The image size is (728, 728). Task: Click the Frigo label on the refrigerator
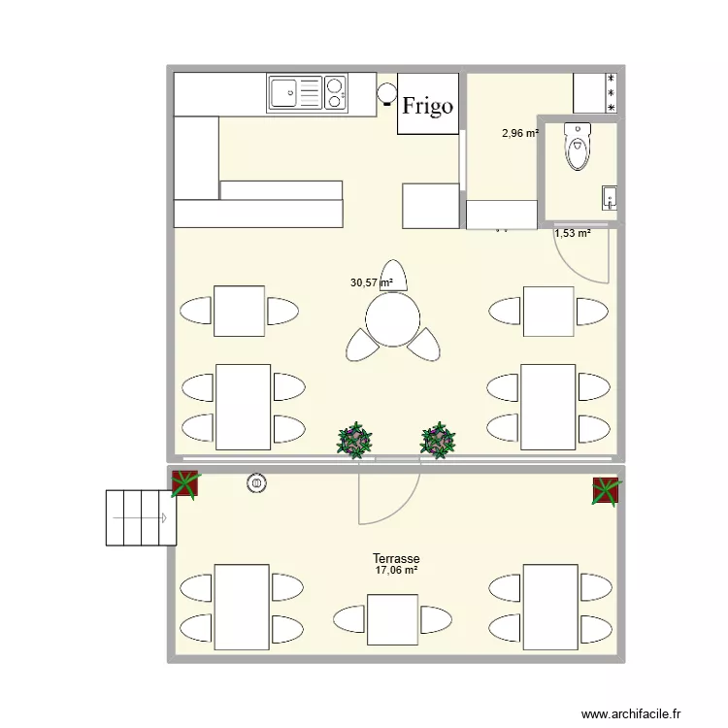[428, 105]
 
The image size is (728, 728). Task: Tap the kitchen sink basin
[284, 93]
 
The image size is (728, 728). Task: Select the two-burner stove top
[335, 93]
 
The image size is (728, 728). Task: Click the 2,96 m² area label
[520, 133]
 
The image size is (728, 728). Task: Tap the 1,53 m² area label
[573, 233]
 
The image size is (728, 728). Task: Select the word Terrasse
[395, 559]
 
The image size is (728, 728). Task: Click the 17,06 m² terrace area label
[396, 571]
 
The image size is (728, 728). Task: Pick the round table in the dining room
[393, 318]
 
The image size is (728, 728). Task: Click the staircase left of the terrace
[141, 517]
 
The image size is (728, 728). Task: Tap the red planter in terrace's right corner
[607, 491]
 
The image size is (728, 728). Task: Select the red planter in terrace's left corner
[184, 483]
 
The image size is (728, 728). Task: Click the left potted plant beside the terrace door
[354, 441]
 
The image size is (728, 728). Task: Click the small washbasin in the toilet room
[609, 197]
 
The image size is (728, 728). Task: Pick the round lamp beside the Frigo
[387, 93]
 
